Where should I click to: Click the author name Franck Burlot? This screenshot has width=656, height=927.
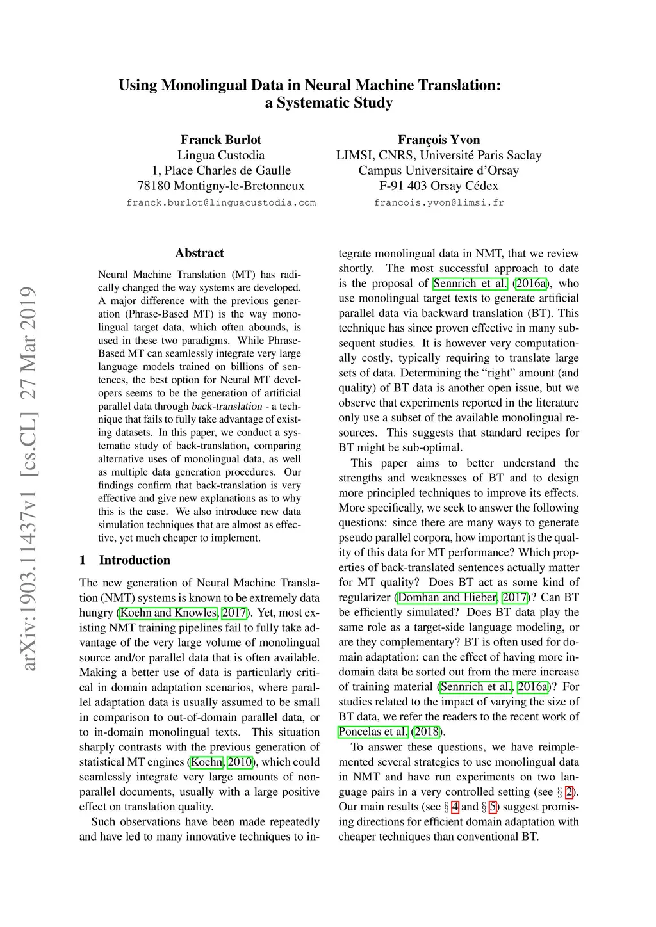(x=220, y=140)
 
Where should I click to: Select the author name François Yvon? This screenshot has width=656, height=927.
(x=439, y=140)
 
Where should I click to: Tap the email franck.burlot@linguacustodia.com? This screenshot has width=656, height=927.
(x=221, y=202)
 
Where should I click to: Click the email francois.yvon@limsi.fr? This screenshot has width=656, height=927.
(x=439, y=202)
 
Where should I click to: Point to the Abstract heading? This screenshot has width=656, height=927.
(x=199, y=253)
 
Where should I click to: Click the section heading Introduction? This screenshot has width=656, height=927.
(x=135, y=560)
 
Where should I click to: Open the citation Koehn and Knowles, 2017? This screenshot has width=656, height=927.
(x=183, y=613)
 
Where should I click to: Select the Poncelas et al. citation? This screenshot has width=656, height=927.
(x=373, y=732)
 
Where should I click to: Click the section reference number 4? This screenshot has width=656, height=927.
(x=455, y=807)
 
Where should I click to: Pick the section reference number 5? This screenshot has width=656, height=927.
(x=493, y=807)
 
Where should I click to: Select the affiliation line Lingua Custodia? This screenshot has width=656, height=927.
(x=220, y=155)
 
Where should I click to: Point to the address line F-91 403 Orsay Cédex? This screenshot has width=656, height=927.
(x=439, y=186)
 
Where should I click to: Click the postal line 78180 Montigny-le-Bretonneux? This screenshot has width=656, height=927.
(x=220, y=186)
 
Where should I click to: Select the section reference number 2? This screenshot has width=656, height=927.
(x=569, y=792)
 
